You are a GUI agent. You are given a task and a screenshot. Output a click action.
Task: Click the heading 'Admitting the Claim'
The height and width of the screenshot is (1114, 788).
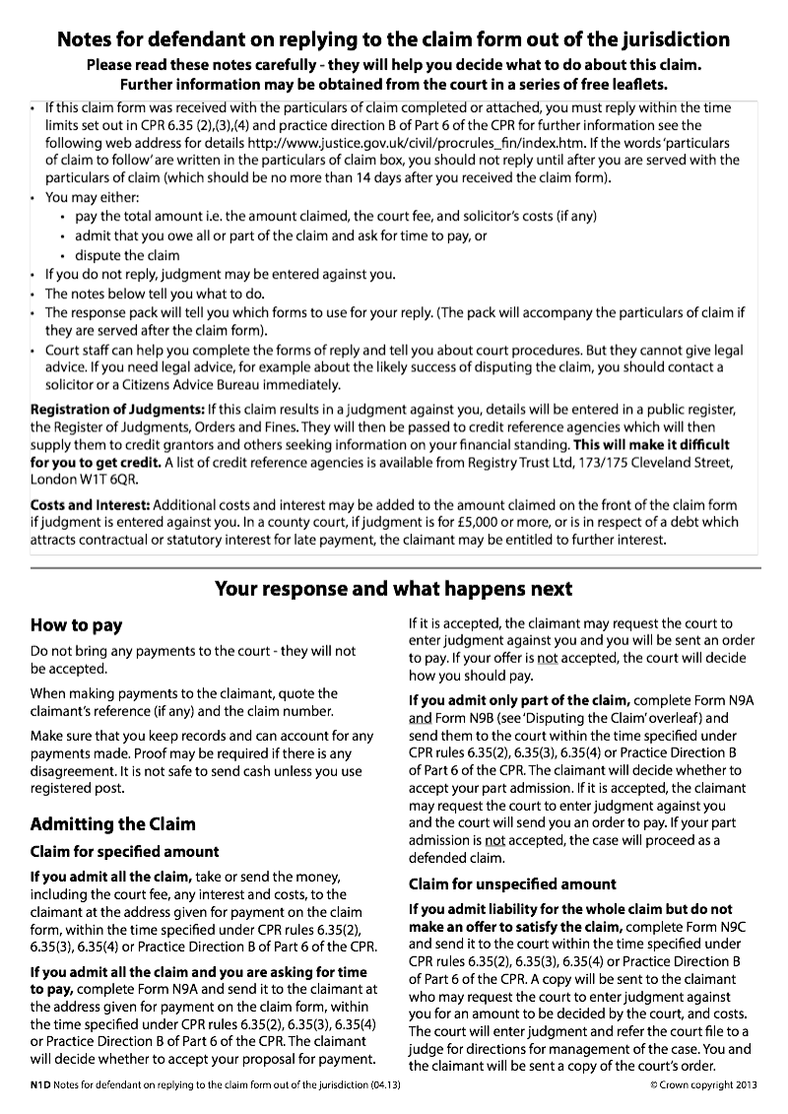click(112, 823)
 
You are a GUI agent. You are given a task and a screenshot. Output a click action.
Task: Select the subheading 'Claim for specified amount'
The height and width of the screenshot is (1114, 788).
click(124, 851)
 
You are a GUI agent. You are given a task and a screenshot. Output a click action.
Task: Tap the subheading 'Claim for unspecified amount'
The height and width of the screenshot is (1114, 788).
click(512, 884)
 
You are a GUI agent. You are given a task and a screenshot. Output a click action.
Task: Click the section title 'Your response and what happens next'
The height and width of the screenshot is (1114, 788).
click(393, 589)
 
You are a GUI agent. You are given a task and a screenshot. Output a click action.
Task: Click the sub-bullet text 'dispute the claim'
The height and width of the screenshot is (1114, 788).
click(127, 255)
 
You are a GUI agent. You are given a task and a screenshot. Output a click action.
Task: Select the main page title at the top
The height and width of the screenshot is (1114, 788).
click(393, 40)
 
